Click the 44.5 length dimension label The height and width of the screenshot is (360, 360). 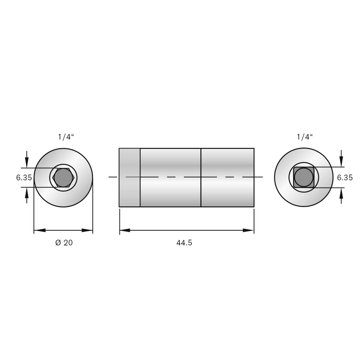184,243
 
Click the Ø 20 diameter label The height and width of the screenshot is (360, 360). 64,243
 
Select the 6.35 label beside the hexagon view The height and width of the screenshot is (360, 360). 24,178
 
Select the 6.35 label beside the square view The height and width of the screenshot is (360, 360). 345,178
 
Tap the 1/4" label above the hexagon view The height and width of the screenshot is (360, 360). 66,137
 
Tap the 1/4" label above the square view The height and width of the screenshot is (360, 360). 305,137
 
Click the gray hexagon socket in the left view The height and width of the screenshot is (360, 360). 63,178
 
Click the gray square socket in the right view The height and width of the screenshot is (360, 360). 304,178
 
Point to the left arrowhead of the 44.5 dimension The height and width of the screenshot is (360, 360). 125,230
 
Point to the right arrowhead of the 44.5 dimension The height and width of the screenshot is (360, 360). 249,230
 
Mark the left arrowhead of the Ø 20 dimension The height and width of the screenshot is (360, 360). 39,230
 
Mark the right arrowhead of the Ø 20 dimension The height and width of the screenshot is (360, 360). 87,230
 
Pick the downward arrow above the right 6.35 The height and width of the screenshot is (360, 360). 341,162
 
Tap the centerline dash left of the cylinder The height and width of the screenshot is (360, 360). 113,177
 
